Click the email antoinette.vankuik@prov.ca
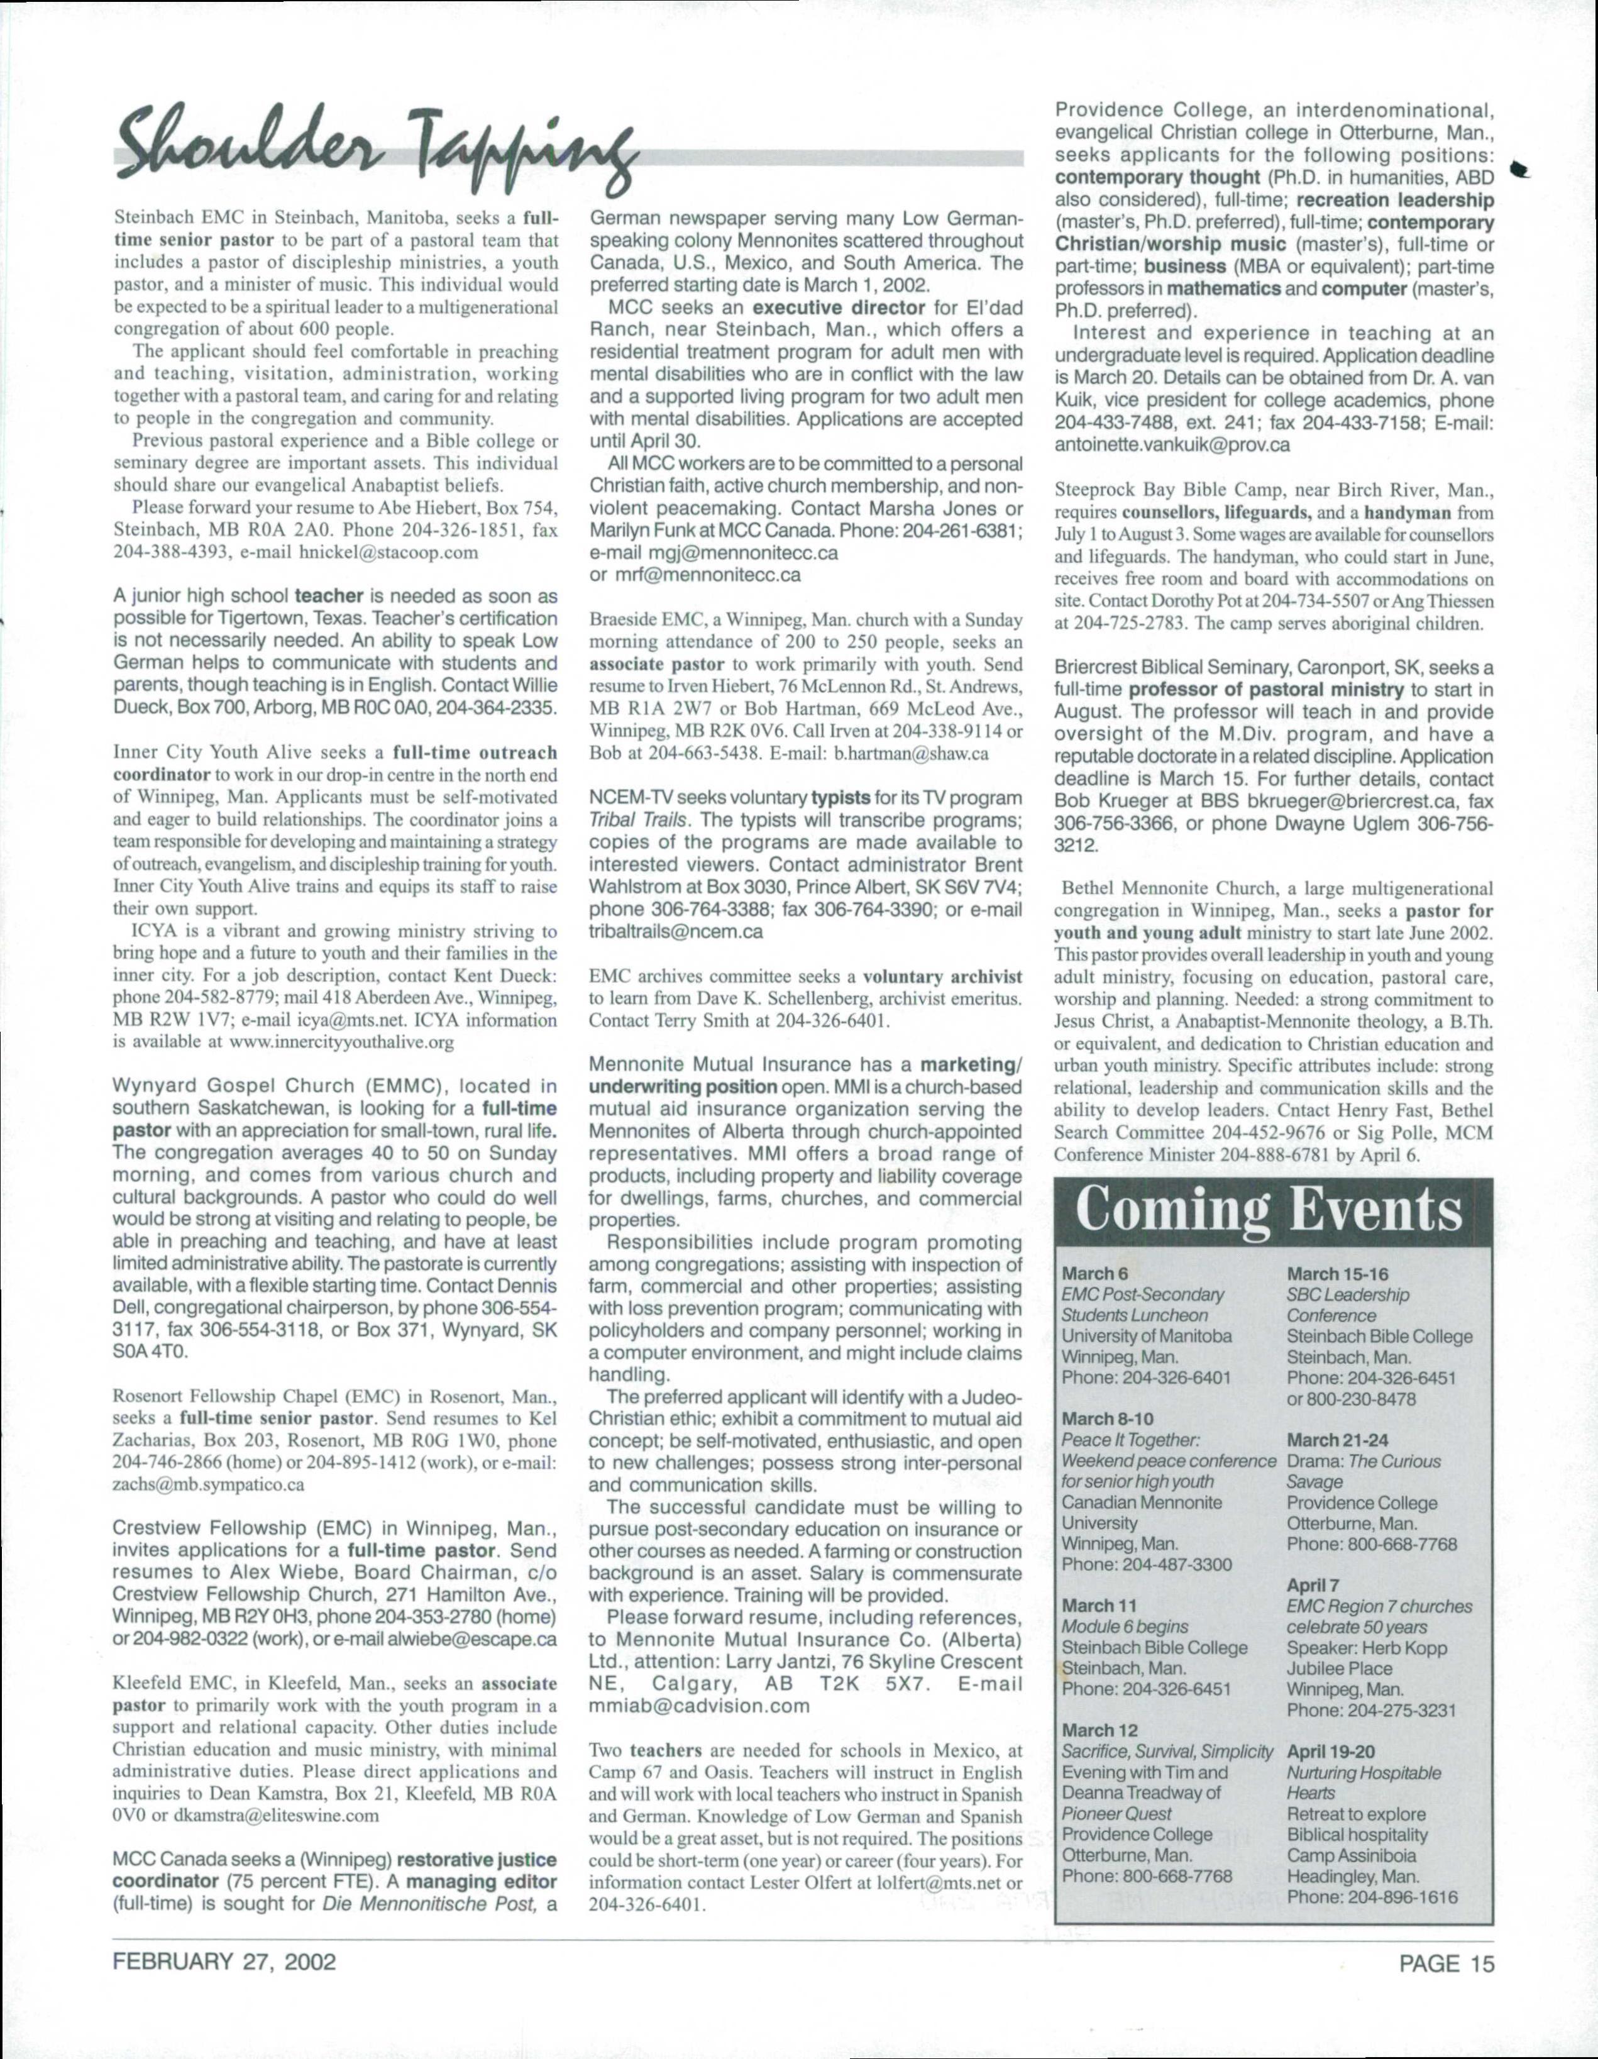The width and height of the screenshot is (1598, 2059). pos(1172,446)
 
